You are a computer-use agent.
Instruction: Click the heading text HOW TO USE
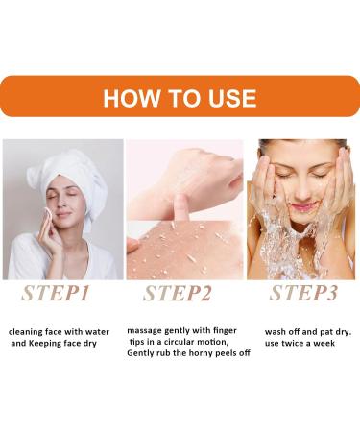180,98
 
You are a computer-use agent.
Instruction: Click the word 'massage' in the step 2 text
146,331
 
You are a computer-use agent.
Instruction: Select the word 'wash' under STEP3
276,332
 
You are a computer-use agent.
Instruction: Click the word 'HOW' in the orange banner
129,98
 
